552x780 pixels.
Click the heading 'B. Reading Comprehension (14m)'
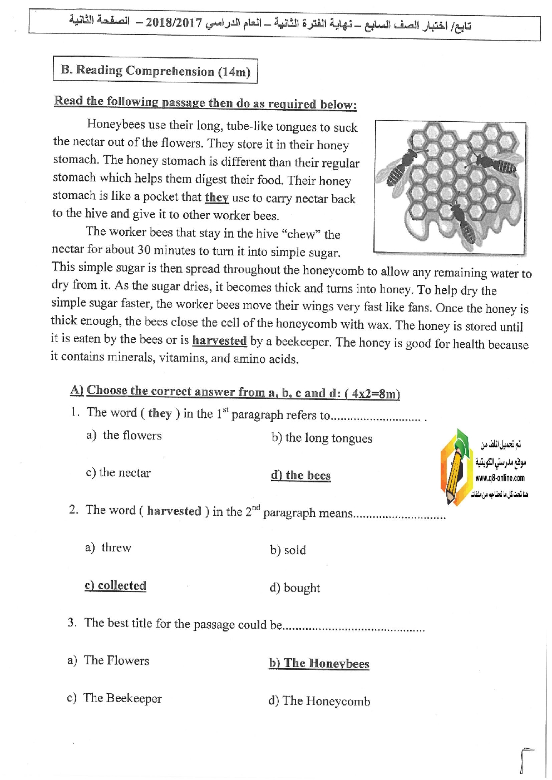click(155, 71)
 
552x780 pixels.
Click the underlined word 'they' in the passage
click(216, 198)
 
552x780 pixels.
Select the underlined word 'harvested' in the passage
click(219, 340)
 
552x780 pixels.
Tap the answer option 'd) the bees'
click(300, 475)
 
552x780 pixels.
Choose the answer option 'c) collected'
click(115, 585)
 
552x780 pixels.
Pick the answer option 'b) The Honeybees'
click(319, 663)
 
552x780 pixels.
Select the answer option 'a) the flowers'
click(124, 435)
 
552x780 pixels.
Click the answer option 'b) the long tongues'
click(322, 438)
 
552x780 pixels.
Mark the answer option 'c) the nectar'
click(118, 473)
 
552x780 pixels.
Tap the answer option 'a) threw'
click(108, 547)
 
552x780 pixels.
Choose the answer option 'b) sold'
click(288, 550)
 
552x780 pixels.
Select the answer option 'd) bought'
click(294, 588)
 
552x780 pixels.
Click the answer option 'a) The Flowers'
click(109, 660)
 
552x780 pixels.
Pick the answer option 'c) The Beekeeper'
click(114, 698)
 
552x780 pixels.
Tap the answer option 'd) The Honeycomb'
click(319, 701)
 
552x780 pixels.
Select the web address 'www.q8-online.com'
click(500, 478)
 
